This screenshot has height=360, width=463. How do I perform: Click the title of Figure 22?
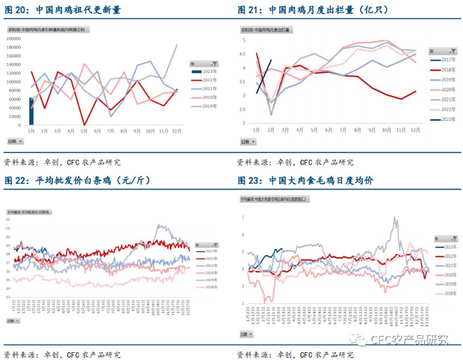pos(77,181)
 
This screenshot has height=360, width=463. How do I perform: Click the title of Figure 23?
pos(305,181)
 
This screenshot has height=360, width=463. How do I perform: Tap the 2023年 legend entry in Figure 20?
pos(204,71)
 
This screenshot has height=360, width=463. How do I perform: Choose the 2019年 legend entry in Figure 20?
pos(204,107)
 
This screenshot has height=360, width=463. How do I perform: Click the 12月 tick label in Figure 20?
pos(177,131)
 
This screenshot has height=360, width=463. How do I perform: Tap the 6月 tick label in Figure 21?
pos(328,130)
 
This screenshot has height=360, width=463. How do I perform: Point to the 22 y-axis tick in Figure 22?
pos(8,219)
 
